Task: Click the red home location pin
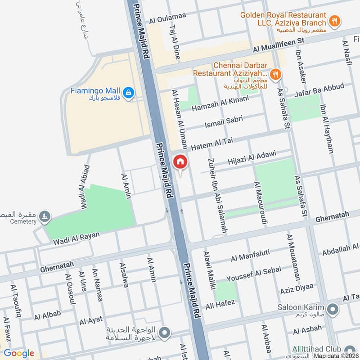[x=180, y=162]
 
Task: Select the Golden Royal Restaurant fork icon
[x=334, y=20]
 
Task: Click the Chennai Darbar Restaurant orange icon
[x=276, y=73]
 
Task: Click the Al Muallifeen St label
[x=279, y=45]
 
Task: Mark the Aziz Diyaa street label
[x=296, y=289]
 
